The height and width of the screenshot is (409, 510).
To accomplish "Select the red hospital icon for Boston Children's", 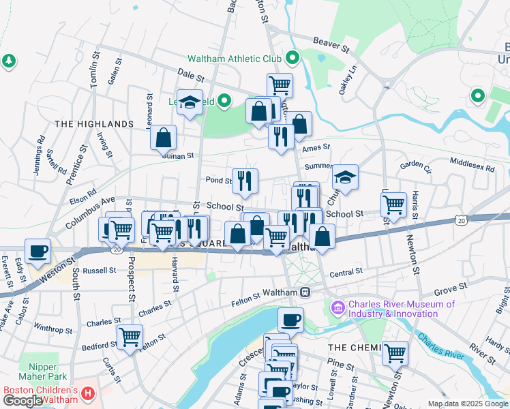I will point(87,394).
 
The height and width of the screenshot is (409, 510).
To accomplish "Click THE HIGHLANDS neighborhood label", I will point(94,124).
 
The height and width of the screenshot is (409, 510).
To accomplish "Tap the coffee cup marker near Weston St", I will point(37,250).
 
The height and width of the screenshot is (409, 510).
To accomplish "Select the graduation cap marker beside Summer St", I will point(346,177).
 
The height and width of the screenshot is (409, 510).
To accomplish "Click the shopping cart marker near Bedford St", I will point(129,336).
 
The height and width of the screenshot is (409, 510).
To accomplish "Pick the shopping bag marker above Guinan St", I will point(164,137).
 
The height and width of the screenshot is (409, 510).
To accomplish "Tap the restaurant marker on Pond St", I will point(245,181).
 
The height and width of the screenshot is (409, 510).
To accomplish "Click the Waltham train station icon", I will point(305,292).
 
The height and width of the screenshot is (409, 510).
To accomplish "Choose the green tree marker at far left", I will point(8,61).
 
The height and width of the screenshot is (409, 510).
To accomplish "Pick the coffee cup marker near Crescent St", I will point(290,319).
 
